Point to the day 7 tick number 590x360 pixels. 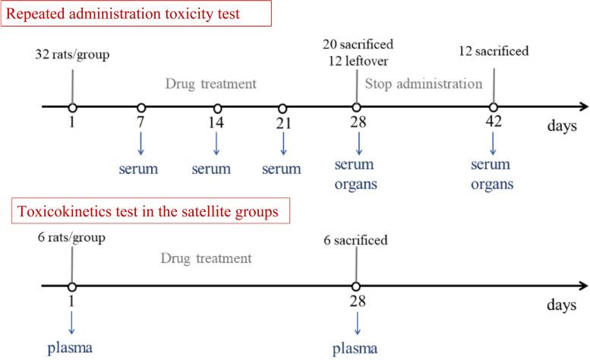click(141, 123)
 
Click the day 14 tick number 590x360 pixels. click(218, 123)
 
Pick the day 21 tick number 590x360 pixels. click(283, 123)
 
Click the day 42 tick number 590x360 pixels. click(494, 123)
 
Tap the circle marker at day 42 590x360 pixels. click(494, 108)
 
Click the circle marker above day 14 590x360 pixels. click(218, 108)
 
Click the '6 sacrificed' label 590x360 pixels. click(357, 241)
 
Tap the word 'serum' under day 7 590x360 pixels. click(140, 167)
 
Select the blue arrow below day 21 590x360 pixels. click(283, 143)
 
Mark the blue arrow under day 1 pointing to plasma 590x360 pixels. click(71, 321)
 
